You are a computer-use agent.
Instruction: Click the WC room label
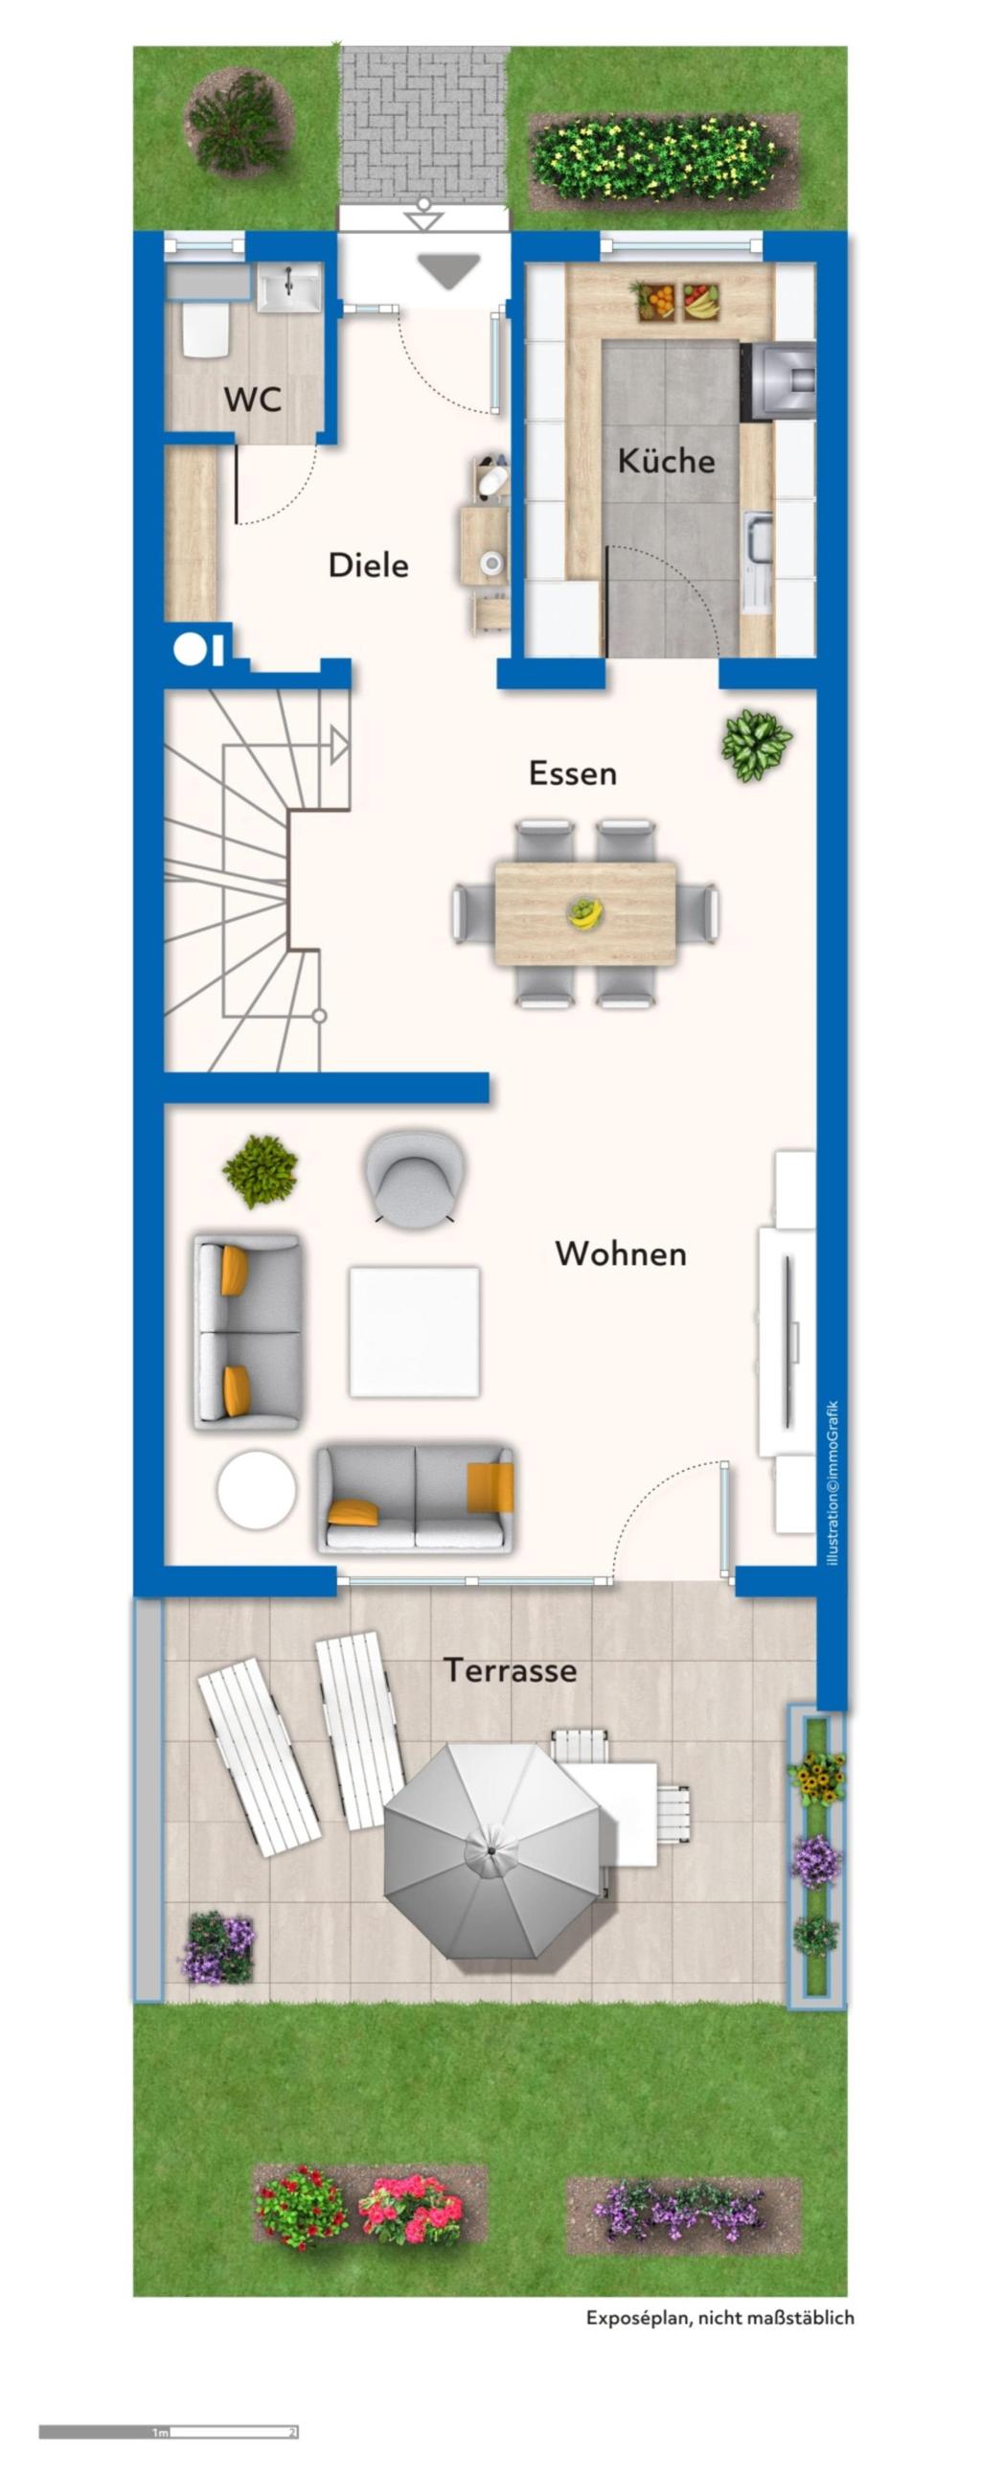(x=253, y=400)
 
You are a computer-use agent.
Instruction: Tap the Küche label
(x=666, y=460)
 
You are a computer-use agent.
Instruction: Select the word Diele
(x=369, y=564)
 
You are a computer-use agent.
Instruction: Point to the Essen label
(x=572, y=772)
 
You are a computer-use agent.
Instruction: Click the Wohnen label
(x=621, y=1253)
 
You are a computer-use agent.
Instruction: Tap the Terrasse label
(x=510, y=1670)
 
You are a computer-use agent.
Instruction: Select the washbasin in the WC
(x=288, y=287)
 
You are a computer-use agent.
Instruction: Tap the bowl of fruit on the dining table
(x=583, y=911)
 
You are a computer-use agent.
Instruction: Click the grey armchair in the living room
(x=416, y=1176)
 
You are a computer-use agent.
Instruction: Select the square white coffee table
(x=415, y=1331)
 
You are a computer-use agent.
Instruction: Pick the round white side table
(x=256, y=1490)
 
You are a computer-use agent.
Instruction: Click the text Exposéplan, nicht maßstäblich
(x=719, y=2317)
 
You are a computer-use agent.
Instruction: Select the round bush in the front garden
(x=237, y=121)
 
